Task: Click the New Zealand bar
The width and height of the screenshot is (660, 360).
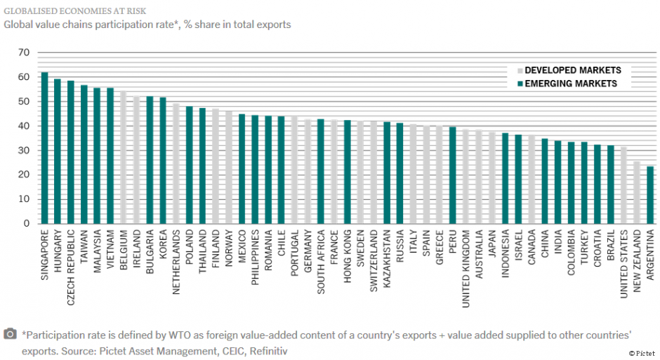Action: coord(637,192)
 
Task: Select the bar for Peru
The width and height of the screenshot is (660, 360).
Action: coord(452,175)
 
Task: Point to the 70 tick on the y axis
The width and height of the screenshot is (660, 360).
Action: coord(24,53)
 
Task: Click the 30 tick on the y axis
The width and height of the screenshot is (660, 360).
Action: coord(24,150)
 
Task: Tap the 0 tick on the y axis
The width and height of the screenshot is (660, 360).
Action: coord(27,223)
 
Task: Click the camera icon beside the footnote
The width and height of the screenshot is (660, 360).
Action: coord(11,334)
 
